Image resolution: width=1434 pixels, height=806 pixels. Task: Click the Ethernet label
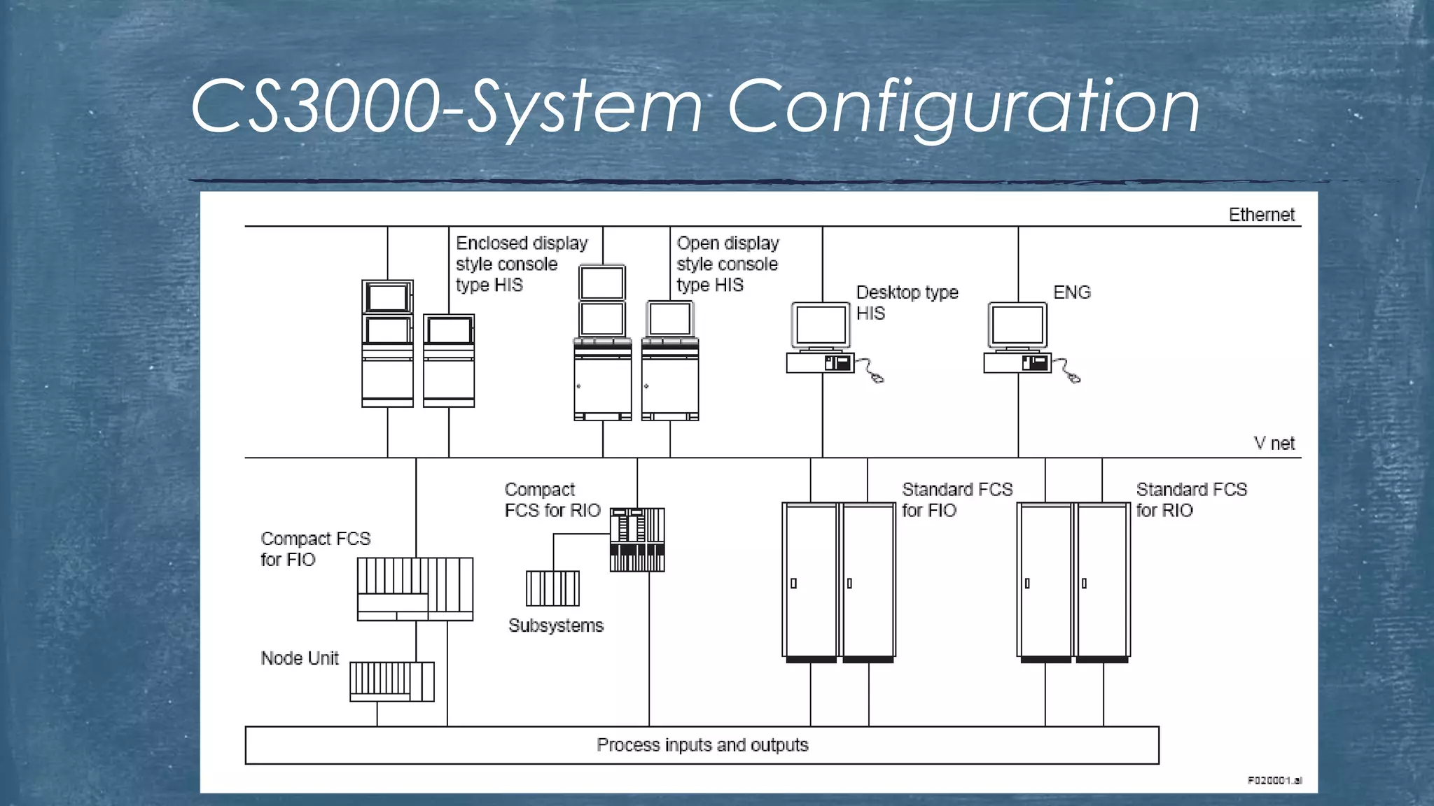pyautogui.click(x=1261, y=215)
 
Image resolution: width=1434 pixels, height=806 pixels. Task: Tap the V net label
pyautogui.click(x=1274, y=443)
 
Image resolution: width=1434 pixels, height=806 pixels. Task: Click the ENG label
pyautogui.click(x=1071, y=292)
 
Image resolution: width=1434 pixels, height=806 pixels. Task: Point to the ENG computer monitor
pyautogui.click(x=1017, y=325)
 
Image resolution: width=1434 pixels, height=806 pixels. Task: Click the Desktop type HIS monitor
pyautogui.click(x=821, y=325)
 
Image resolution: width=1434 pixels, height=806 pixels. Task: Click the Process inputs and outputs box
pyautogui.click(x=702, y=745)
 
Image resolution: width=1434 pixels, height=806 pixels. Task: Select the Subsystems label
pyautogui.click(x=555, y=625)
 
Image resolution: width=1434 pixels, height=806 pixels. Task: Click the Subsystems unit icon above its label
pyautogui.click(x=552, y=588)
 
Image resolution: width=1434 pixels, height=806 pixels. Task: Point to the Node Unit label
pyautogui.click(x=300, y=658)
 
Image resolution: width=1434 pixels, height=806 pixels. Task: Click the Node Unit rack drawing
pyautogui.click(x=391, y=681)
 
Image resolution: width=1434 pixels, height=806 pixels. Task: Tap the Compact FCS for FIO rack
pyautogui.click(x=415, y=589)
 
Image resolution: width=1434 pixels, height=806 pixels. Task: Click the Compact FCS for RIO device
pyautogui.click(x=636, y=539)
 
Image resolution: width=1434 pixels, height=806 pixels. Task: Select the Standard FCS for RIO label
pyautogui.click(x=1191, y=500)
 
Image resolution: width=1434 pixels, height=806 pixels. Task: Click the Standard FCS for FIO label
pyautogui.click(x=956, y=500)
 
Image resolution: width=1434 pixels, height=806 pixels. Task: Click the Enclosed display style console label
pyautogui.click(x=521, y=264)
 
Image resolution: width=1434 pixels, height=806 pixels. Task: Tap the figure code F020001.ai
pyautogui.click(x=1274, y=780)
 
